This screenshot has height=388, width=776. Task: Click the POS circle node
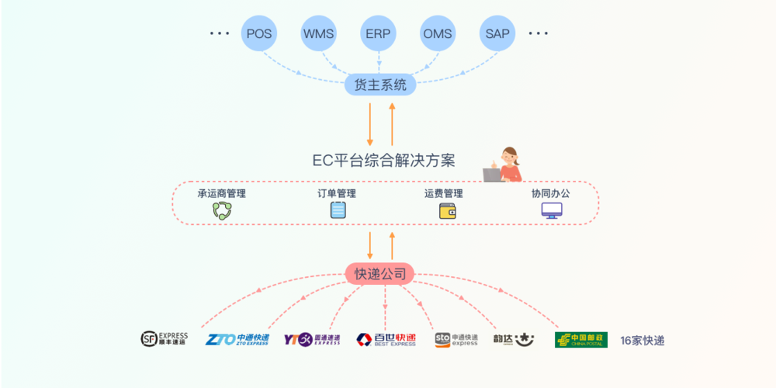click(259, 33)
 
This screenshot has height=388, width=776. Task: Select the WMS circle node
click(319, 33)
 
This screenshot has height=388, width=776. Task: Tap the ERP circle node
click(379, 33)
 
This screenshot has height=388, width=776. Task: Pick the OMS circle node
click(438, 33)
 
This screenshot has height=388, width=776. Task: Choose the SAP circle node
click(497, 33)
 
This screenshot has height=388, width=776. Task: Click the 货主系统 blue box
click(380, 85)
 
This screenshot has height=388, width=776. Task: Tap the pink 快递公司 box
click(380, 273)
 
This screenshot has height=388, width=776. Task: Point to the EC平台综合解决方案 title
click(383, 161)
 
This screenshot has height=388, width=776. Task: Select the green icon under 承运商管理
click(222, 210)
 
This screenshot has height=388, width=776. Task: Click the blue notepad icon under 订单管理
click(338, 210)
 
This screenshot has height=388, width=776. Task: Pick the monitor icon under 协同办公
click(552, 210)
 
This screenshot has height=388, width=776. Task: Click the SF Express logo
click(164, 339)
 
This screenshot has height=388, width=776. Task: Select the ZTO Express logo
click(237, 339)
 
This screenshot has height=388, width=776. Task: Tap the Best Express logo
click(386, 339)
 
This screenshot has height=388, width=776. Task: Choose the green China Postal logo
click(580, 340)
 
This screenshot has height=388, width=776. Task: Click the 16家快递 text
click(642, 340)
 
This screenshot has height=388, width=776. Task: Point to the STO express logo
click(456, 339)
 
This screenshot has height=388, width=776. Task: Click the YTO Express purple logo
click(311, 339)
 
